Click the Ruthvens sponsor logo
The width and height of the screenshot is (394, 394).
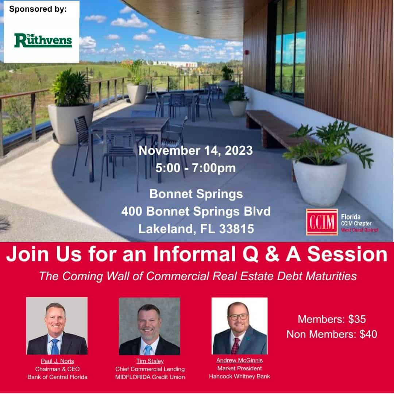[43, 40]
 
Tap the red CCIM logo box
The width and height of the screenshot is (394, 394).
[322, 222]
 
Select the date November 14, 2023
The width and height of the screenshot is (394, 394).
[196, 151]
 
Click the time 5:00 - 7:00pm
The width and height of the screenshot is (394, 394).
[196, 168]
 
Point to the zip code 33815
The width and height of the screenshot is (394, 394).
[236, 229]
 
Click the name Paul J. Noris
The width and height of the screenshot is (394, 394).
[57, 361]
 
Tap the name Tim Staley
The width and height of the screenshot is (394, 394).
[150, 361]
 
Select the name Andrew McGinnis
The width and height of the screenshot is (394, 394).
[239, 360]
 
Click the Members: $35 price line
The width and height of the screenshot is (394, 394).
[332, 319]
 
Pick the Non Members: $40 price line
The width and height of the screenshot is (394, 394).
[332, 334]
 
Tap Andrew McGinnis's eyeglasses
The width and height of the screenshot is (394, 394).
[238, 317]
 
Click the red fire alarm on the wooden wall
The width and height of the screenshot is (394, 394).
[247, 53]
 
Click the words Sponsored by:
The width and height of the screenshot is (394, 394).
[38, 9]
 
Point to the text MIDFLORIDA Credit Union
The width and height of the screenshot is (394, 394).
[150, 377]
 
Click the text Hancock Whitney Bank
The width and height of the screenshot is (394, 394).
[239, 376]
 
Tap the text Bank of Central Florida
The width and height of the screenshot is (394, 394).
[57, 377]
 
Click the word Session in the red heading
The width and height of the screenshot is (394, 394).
[347, 254]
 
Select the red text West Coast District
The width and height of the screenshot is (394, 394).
[360, 230]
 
